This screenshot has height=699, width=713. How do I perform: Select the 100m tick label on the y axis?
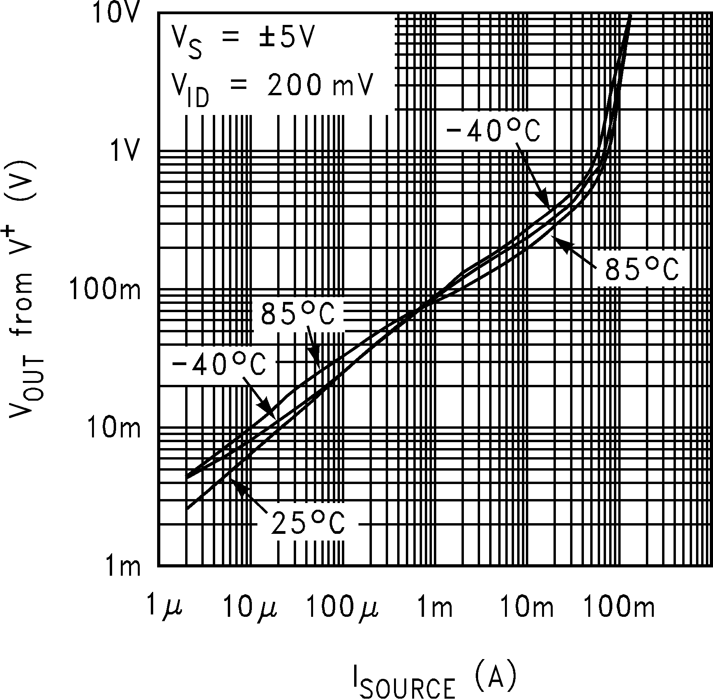click(x=105, y=290)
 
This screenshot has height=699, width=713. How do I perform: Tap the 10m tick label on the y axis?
click(x=113, y=428)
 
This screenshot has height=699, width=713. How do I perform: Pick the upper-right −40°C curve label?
click(x=493, y=131)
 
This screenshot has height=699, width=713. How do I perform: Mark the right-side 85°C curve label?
click(x=642, y=270)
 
